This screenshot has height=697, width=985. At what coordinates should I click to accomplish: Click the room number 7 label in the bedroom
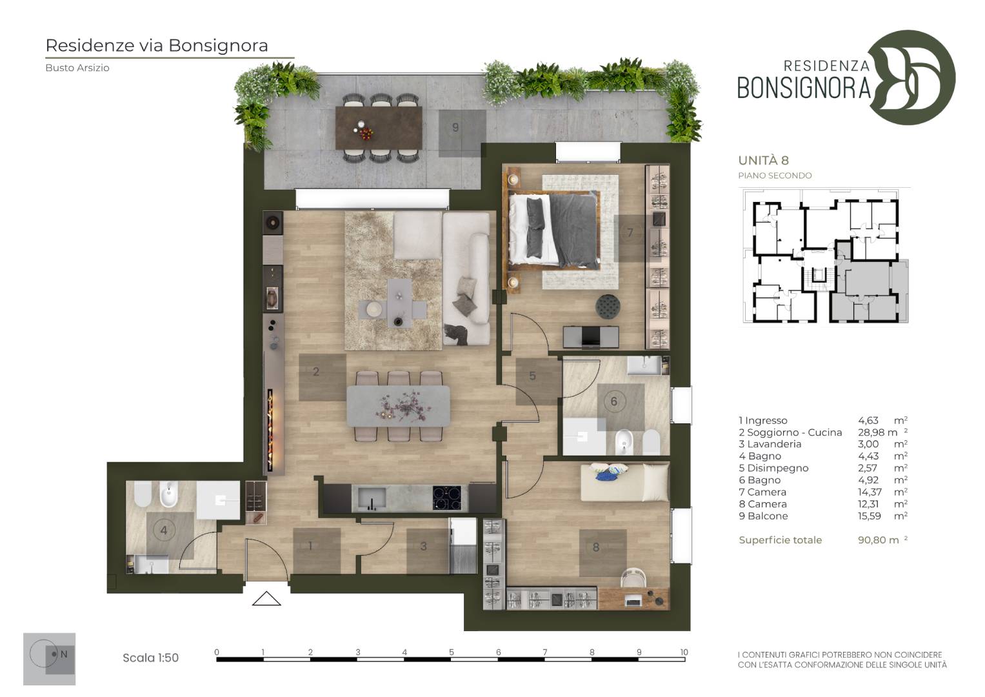click(630, 232)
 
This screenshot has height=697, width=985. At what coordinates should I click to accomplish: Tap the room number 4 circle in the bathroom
click(164, 530)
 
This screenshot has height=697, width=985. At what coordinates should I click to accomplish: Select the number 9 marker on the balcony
click(455, 128)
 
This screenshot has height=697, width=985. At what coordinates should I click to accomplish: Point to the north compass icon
click(49, 658)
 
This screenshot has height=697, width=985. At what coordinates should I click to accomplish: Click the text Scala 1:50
click(150, 658)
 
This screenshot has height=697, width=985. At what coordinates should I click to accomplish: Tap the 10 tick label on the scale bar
click(684, 652)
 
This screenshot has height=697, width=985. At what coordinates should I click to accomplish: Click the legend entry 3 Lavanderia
click(770, 444)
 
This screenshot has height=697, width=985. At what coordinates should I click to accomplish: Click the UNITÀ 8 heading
click(763, 160)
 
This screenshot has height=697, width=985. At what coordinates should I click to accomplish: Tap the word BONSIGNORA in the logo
click(804, 88)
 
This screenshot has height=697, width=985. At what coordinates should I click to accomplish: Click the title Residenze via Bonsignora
click(157, 45)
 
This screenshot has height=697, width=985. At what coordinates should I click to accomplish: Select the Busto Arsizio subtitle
click(77, 68)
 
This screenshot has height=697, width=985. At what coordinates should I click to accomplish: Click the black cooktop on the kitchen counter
click(447, 498)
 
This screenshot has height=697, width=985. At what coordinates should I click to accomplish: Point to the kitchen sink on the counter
click(372, 498)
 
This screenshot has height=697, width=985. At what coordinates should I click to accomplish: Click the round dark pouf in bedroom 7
click(608, 305)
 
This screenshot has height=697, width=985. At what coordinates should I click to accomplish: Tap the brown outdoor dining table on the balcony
click(379, 128)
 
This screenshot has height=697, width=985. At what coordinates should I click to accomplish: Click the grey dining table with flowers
click(399, 406)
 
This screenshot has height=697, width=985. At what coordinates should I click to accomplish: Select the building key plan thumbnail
click(824, 257)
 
